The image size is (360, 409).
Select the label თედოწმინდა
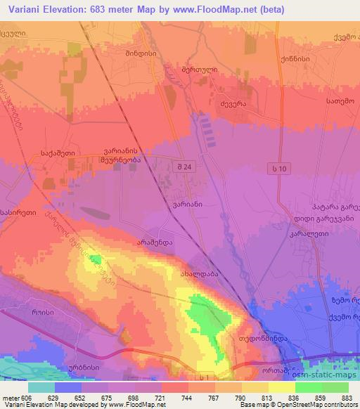(x=264, y=337)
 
